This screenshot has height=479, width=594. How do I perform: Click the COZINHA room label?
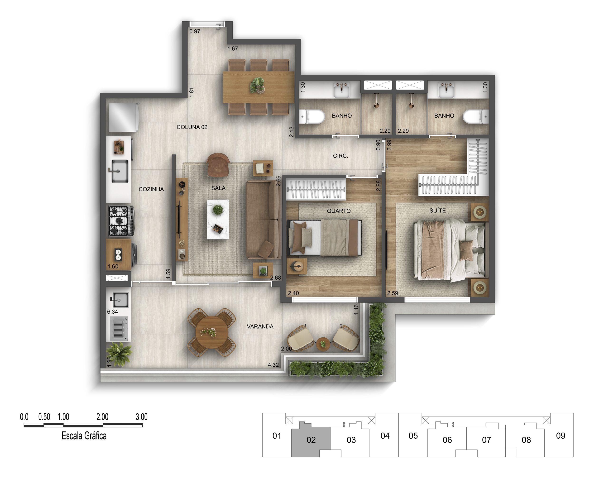(x=151, y=189)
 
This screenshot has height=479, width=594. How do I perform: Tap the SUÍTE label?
(x=438, y=211)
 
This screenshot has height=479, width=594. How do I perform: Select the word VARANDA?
(x=260, y=326)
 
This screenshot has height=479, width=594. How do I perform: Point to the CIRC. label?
(x=340, y=156)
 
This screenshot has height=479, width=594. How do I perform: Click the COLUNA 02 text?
(x=192, y=127)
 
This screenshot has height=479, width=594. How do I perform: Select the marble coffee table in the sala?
(x=218, y=219)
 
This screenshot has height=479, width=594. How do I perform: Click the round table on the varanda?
(x=212, y=332)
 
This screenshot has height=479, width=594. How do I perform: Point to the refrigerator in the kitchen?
(x=124, y=117)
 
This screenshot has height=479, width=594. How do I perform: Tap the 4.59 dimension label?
(x=168, y=274)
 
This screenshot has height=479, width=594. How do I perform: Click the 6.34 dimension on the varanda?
(x=113, y=312)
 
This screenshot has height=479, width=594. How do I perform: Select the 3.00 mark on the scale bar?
(x=142, y=417)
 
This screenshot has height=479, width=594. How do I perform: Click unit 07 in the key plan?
(x=486, y=440)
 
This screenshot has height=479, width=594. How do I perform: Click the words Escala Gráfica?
(x=84, y=436)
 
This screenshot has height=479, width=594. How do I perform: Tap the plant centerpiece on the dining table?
(x=257, y=85)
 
